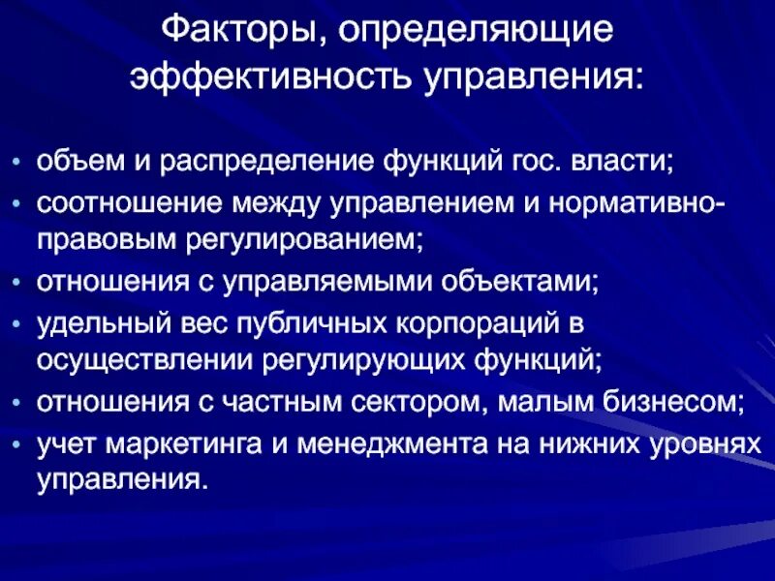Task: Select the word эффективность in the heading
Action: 268,76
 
